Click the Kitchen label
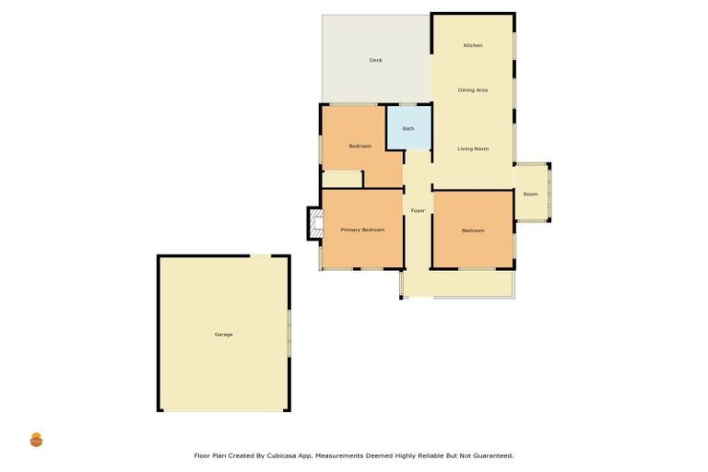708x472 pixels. point(473,45)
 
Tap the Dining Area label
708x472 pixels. point(473,89)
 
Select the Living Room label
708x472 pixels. point(473,148)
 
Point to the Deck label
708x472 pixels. point(375,60)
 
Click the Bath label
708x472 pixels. point(408,128)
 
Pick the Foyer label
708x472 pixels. point(418,211)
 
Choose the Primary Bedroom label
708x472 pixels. point(362,230)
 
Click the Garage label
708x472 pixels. point(223,334)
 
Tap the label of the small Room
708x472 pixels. point(530,194)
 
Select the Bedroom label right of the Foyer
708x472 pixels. point(473,230)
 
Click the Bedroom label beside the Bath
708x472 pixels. point(360,147)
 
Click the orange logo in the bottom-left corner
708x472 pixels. point(36,440)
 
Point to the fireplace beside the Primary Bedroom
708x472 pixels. point(314,223)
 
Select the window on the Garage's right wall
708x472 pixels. point(289,333)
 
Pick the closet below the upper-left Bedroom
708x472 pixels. point(342,179)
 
